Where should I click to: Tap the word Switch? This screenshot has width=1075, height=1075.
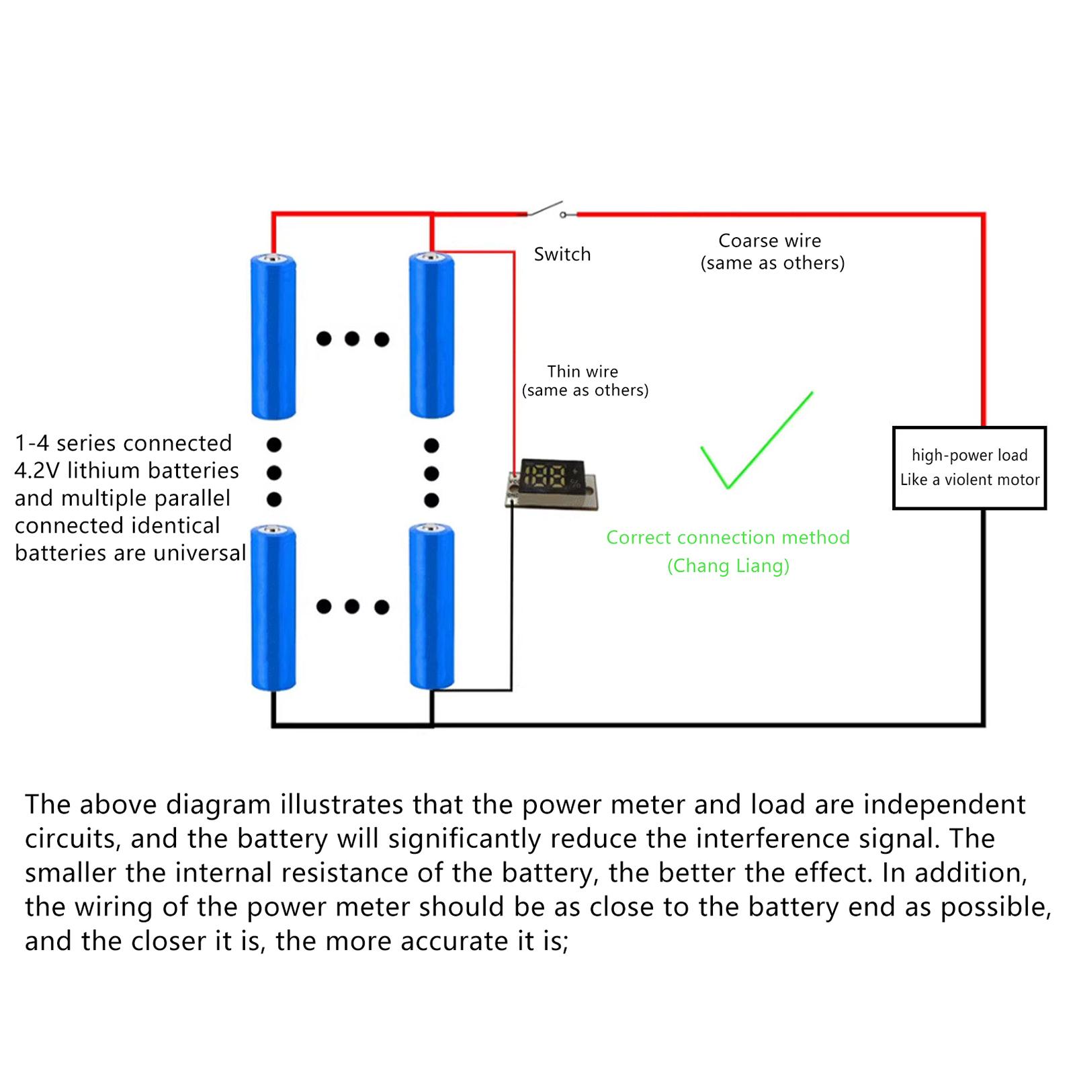click(562, 254)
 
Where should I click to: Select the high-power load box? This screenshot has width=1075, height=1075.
click(970, 468)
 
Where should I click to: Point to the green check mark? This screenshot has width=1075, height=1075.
click(757, 440)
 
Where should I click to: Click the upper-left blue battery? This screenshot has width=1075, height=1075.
click(273, 337)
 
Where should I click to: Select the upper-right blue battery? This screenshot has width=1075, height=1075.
click(432, 335)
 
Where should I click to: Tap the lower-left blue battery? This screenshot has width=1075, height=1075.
click(273, 608)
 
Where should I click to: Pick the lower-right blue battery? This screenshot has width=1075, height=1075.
click(432, 607)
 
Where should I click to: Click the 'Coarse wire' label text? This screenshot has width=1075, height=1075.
click(770, 241)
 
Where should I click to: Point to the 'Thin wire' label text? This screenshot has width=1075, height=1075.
click(583, 372)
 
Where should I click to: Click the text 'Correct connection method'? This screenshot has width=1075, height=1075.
click(728, 537)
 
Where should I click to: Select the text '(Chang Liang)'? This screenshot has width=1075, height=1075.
click(728, 566)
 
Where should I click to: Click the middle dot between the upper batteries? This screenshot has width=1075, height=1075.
click(352, 339)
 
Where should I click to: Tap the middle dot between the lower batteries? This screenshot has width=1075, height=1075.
click(352, 607)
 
